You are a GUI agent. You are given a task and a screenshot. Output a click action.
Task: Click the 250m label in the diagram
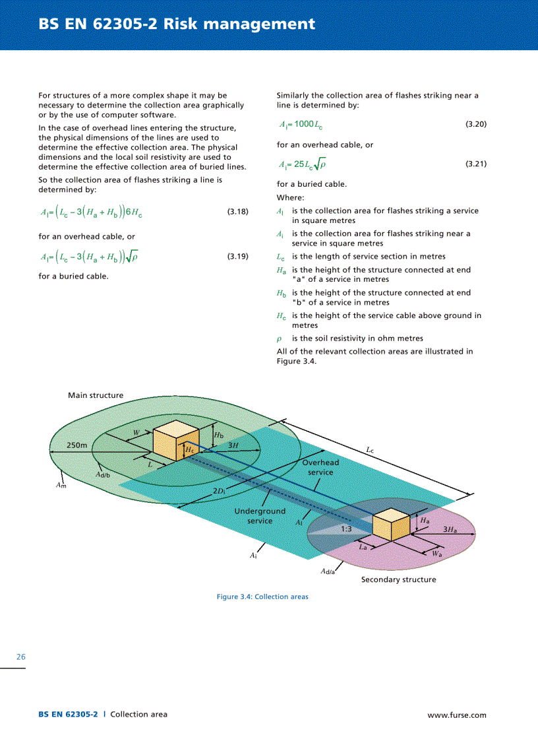click(x=77, y=445)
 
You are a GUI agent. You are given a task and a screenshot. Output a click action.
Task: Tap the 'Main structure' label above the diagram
click(x=96, y=395)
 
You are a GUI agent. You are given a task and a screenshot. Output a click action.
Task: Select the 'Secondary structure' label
click(x=398, y=579)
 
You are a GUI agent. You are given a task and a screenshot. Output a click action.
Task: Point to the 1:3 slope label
click(x=346, y=529)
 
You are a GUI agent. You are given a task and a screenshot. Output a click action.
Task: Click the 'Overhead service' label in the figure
click(x=320, y=467)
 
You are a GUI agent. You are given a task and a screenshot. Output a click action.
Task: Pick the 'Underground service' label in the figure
click(x=260, y=516)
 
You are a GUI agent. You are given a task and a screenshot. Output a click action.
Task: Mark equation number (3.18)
click(x=238, y=212)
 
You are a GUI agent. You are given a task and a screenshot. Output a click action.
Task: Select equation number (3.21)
click(x=476, y=164)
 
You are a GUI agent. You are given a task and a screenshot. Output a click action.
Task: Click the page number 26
click(x=21, y=657)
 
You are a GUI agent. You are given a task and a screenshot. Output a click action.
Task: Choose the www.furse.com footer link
click(x=457, y=715)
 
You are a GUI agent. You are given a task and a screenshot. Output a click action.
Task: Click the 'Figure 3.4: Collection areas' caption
click(x=262, y=596)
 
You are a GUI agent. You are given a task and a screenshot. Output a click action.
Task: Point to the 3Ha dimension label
click(x=450, y=529)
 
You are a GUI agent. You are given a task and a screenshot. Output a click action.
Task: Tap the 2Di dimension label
click(x=220, y=492)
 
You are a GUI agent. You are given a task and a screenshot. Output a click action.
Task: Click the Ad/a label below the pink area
click(x=328, y=571)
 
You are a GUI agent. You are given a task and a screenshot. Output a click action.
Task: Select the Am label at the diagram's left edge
click(x=61, y=486)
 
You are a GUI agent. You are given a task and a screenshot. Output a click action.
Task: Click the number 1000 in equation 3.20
click(x=305, y=124)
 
